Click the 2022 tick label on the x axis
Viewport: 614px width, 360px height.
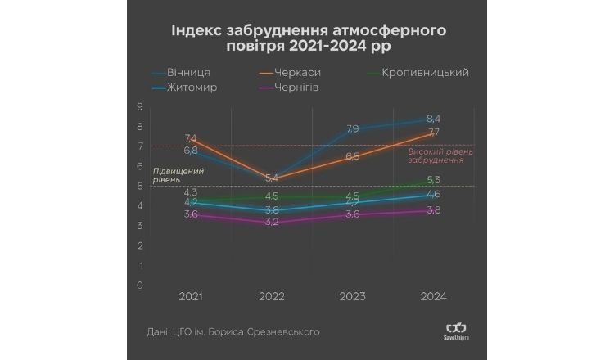(272, 296)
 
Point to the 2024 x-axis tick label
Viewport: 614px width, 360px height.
(432, 296)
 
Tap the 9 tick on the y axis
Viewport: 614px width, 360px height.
(140, 106)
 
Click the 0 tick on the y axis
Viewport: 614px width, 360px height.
(140, 285)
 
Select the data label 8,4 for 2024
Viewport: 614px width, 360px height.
(433, 119)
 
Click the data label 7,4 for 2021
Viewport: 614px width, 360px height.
(191, 138)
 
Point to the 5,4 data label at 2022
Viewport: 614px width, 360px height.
(272, 178)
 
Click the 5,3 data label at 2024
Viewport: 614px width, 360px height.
(433, 180)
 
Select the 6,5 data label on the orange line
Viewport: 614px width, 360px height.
(352, 156)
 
